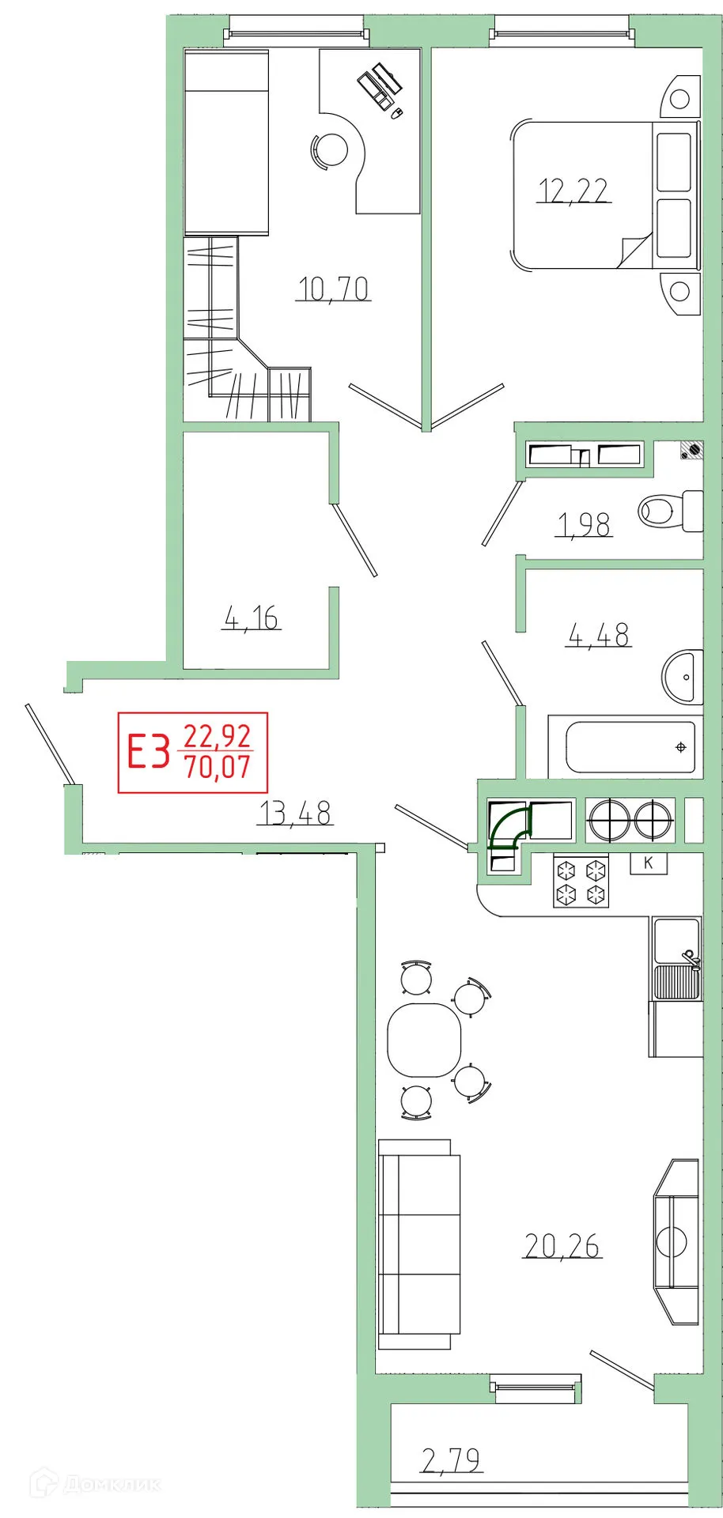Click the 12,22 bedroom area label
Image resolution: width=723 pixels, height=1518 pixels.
point(573,191)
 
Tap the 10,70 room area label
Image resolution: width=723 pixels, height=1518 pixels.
point(334,289)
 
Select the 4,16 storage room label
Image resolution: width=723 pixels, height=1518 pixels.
point(252,617)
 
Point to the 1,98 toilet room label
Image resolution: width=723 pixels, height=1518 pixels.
point(585,525)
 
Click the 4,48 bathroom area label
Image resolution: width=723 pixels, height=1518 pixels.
point(599,634)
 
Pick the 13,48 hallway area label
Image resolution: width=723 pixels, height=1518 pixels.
point(296,813)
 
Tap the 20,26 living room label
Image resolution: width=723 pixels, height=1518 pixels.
point(562,1246)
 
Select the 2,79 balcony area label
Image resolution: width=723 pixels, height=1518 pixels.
point(452,1460)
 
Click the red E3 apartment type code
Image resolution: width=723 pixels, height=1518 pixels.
point(150,752)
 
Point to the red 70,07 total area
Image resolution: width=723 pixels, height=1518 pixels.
point(218,767)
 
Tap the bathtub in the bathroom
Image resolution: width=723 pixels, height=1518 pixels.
point(630,747)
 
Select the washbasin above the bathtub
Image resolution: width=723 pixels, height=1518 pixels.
point(682,677)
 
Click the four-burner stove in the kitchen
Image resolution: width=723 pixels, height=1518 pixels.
point(581,882)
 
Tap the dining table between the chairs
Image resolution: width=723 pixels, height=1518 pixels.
point(424,1040)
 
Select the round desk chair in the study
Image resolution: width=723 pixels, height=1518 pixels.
point(331,149)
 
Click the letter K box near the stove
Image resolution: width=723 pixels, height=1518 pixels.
point(649,863)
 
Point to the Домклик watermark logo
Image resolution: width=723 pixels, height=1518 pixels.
point(95,1484)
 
